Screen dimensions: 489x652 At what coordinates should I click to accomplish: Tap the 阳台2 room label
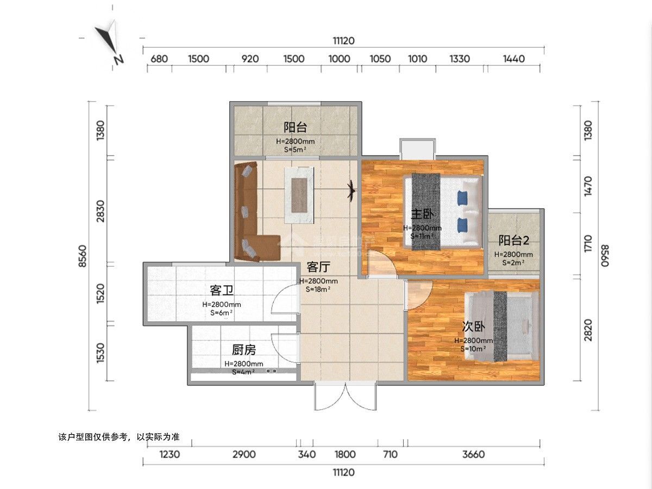(x=513, y=240)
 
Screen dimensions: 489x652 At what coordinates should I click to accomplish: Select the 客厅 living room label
(x=318, y=267)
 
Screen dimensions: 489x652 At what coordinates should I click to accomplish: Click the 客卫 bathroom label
(x=222, y=290)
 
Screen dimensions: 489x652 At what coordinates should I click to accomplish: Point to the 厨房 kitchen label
(x=243, y=349)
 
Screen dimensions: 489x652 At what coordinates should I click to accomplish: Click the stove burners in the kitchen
(x=271, y=371)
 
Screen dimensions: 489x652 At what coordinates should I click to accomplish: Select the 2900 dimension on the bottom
(x=243, y=454)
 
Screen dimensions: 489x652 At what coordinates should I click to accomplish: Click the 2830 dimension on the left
(x=99, y=210)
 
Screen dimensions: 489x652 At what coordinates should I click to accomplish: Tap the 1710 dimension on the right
(x=588, y=246)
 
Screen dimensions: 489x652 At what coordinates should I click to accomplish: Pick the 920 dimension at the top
(x=249, y=59)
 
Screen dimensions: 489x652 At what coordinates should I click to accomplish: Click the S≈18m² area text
(x=318, y=290)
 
